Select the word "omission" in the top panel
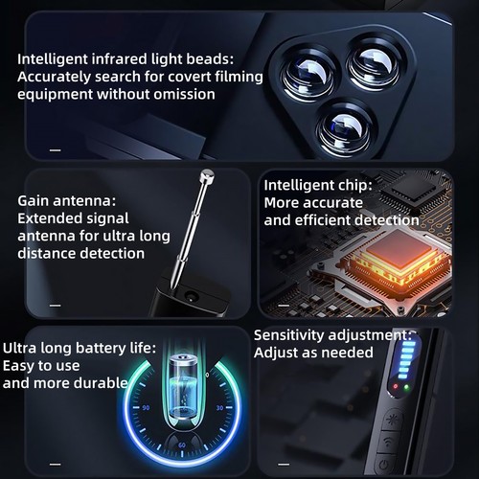[x=182, y=94]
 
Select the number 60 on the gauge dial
[x=183, y=445]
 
